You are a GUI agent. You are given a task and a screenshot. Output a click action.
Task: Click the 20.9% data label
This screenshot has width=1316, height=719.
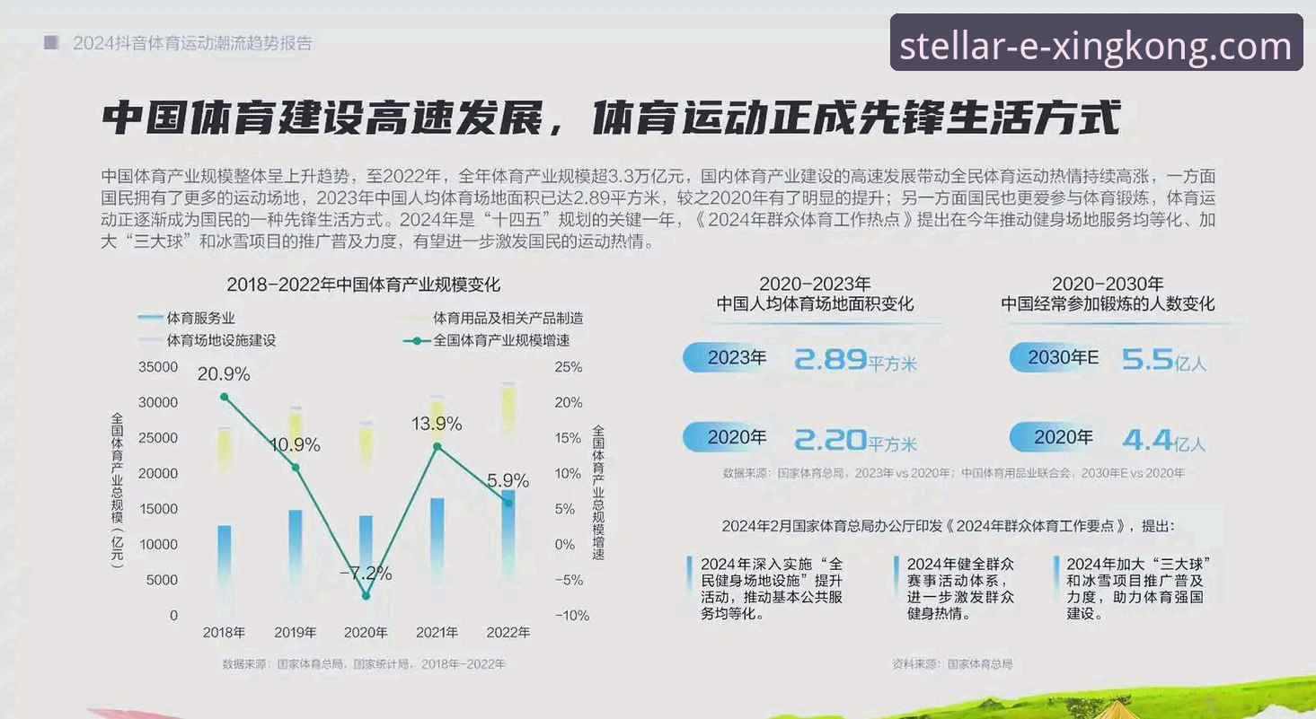[224, 373]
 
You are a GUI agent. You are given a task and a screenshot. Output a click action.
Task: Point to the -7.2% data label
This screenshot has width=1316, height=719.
[366, 573]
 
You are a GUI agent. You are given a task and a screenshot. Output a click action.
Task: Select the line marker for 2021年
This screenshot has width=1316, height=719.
[437, 446]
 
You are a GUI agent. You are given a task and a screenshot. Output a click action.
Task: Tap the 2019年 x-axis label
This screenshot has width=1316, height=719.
[295, 632]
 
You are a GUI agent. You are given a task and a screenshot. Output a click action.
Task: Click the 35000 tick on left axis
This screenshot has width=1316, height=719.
[158, 367]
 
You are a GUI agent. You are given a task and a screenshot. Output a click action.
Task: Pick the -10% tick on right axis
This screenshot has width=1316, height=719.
[571, 616]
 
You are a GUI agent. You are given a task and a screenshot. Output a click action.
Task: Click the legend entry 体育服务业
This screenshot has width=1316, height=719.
[200, 318]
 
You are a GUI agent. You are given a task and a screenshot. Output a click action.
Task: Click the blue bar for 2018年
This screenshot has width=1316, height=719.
[224, 557]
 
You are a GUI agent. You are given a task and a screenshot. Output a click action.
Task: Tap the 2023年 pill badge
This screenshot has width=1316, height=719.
[729, 357]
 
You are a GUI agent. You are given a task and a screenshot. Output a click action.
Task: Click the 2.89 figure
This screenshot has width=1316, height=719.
[831, 359]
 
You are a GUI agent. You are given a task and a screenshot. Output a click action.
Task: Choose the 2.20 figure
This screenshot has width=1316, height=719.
[831, 439]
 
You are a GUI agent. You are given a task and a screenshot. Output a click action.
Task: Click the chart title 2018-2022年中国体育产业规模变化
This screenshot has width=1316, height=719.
[363, 285]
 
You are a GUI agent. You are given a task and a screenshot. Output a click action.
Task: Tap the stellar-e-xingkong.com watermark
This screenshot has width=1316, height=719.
[1096, 43]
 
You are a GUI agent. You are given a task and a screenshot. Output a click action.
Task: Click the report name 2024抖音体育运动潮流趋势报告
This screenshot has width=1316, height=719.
[192, 42]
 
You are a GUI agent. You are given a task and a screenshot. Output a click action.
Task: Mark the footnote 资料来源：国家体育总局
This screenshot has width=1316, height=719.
[952, 664]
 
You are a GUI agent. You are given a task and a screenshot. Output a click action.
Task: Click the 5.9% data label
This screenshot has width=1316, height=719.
[508, 480]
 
